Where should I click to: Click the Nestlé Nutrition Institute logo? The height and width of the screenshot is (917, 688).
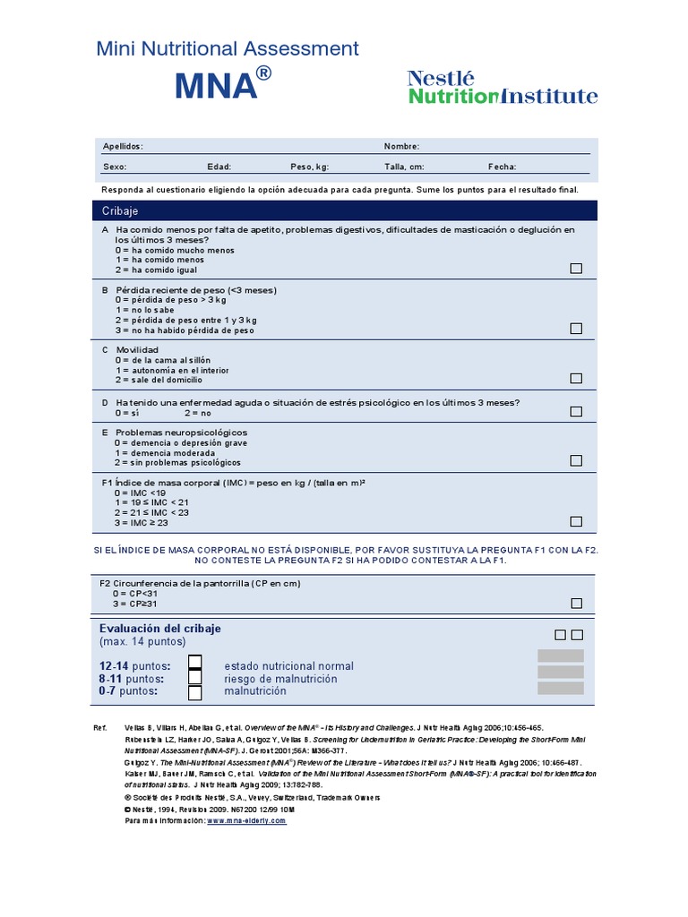[503, 88]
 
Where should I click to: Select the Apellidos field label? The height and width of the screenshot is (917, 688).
[123, 146]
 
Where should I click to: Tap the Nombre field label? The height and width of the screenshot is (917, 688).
[401, 146]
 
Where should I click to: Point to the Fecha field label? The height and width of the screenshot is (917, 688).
[502, 167]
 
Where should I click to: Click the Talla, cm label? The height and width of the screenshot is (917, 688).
[404, 167]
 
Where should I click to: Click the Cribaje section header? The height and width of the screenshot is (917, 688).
[120, 210]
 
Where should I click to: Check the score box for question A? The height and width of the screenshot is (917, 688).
[576, 269]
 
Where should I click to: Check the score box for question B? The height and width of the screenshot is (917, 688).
[576, 329]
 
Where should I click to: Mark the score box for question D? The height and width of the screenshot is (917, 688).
[576, 412]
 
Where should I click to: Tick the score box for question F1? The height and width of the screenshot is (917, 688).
[576, 521]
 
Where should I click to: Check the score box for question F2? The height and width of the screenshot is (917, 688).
[576, 604]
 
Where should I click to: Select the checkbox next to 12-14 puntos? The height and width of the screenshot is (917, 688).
[194, 663]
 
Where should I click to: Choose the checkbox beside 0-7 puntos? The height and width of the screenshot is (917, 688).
[194, 692]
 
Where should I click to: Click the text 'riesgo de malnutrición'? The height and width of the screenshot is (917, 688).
[280, 679]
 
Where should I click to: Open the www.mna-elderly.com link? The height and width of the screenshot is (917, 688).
[246, 820]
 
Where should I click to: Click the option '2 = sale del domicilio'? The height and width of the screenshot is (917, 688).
[169, 381]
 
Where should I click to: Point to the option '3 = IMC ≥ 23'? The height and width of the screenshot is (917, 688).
[141, 522]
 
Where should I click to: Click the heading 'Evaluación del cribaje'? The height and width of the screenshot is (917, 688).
[160, 628]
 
